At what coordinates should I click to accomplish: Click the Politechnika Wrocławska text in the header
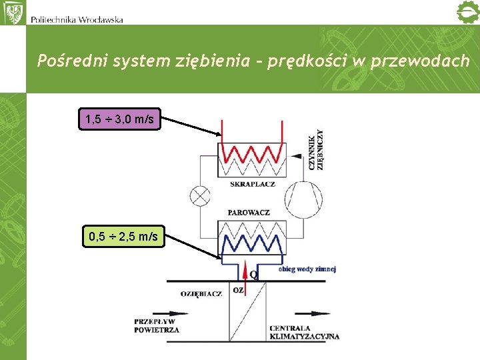[77, 19]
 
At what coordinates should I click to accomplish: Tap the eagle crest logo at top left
[13, 12]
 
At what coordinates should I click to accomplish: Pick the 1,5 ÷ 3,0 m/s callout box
[120, 119]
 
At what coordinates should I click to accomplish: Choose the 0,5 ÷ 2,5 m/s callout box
[123, 236]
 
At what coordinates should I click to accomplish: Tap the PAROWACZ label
[249, 212]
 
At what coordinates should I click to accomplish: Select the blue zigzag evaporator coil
[252, 236]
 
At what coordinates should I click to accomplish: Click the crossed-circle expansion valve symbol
[200, 196]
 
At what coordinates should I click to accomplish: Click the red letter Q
[254, 273]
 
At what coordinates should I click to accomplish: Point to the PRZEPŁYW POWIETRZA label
[156, 325]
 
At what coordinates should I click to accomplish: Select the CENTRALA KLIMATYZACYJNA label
[304, 332]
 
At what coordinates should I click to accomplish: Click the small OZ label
[238, 290]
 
